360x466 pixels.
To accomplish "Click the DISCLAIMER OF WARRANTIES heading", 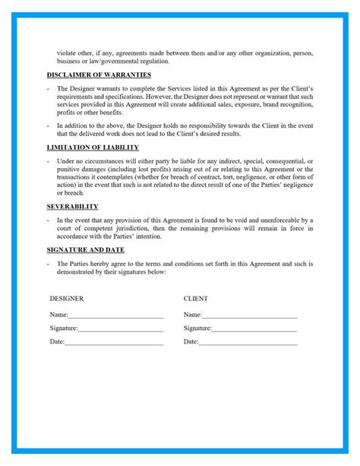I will coord(99,74).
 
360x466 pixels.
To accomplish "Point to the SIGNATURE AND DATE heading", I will coord(86,249).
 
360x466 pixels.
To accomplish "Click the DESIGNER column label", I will coord(67,299).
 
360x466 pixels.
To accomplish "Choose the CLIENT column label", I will coord(196,299).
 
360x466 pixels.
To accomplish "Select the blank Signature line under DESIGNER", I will coord(120,328).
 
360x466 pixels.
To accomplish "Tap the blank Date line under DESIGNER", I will coord(114,342).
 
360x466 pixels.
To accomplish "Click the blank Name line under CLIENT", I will coord(250,315).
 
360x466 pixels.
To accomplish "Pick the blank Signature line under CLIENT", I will coord(254,328).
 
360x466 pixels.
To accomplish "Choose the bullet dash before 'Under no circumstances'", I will coord(48,160).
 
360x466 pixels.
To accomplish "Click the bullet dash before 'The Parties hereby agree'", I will coord(48,263).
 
